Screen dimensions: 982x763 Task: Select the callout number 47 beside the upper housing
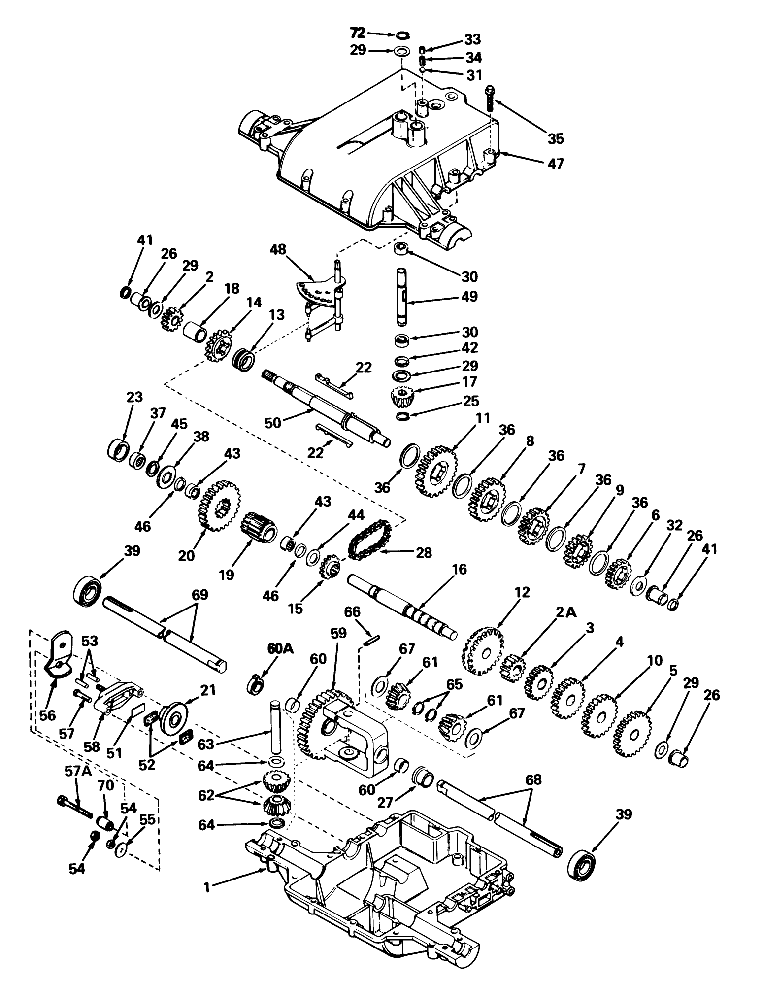tap(555, 164)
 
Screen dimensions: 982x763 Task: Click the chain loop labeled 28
tap(369, 540)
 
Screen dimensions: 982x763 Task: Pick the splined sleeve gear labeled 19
tap(260, 527)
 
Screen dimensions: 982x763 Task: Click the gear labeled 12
tap(483, 650)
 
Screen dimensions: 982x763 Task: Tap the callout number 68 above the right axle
tap(533, 779)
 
